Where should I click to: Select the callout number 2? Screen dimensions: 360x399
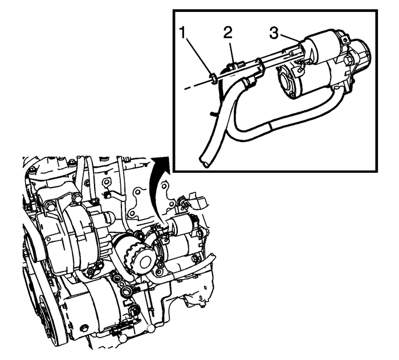(x=228, y=33)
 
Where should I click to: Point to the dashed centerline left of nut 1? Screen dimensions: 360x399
(x=194, y=84)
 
